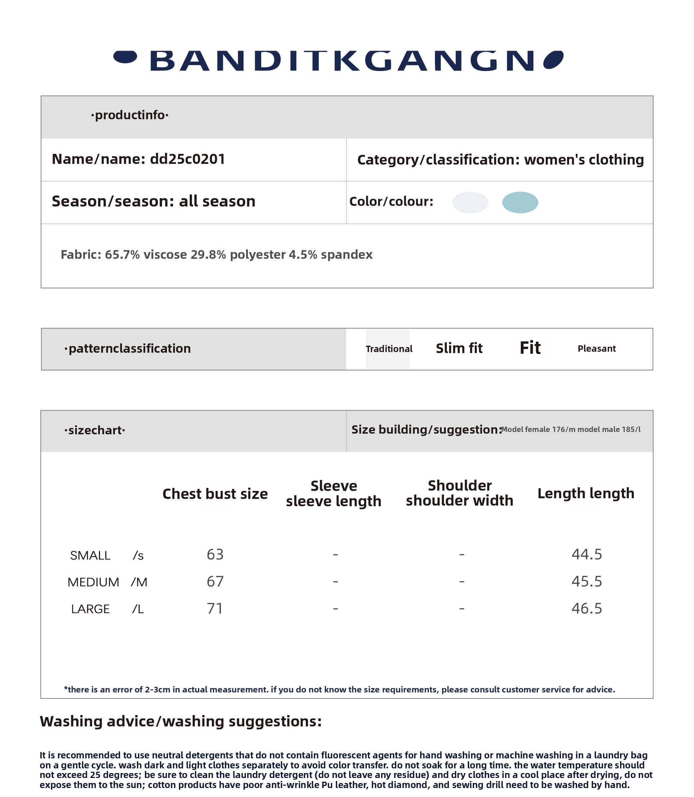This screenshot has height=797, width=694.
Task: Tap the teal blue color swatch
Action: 520,202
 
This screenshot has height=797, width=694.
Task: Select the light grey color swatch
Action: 470,202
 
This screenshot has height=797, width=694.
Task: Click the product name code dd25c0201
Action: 188,159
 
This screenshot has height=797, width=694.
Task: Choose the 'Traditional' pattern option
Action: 389,349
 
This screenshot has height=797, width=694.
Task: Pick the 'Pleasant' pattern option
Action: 596,348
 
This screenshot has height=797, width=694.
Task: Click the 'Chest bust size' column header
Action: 215,494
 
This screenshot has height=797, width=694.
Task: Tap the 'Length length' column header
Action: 586,494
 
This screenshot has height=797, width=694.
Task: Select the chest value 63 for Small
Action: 215,554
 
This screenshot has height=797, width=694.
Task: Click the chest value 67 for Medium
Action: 215,582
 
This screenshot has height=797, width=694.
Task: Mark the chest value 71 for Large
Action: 215,608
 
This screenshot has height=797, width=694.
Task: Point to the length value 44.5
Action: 587,554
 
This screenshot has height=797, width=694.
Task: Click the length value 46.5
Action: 587,608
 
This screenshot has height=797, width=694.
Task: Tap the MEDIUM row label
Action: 93,582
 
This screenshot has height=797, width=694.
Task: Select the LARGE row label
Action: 90,609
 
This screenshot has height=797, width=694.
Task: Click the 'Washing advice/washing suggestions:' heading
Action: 181,721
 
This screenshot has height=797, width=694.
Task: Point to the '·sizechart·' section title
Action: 95,430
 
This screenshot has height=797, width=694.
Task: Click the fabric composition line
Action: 217,255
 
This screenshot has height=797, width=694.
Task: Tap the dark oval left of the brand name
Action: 125,57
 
